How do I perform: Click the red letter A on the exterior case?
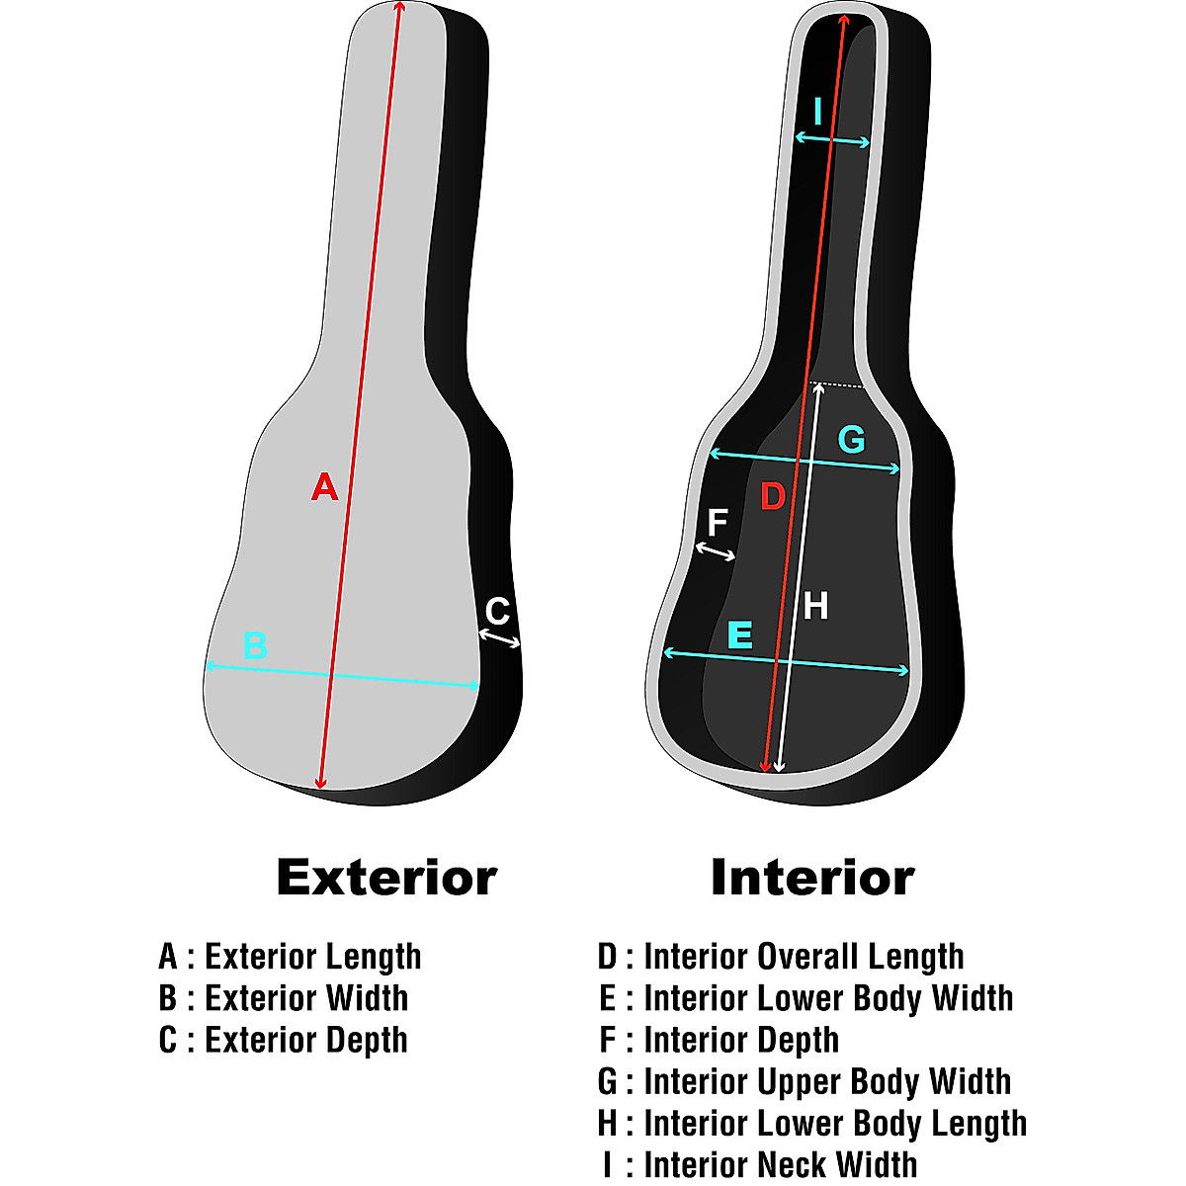pyautogui.click(x=324, y=486)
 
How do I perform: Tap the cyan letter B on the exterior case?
pyautogui.click(x=255, y=646)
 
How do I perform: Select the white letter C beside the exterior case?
pyautogui.click(x=497, y=612)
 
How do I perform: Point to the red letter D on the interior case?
pyautogui.click(x=772, y=496)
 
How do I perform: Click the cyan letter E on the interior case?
pyautogui.click(x=739, y=635)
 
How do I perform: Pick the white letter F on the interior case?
pyautogui.click(x=718, y=523)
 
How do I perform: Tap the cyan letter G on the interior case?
pyautogui.click(x=851, y=439)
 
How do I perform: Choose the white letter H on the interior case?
pyautogui.click(x=815, y=605)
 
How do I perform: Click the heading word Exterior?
pyautogui.click(x=386, y=877)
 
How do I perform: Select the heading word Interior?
pyautogui.click(x=812, y=877)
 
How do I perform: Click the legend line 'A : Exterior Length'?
pyautogui.click(x=290, y=957)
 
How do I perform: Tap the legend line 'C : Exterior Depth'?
pyautogui.click(x=283, y=1040)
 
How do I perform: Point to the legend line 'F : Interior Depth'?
pyautogui.click(x=719, y=1040)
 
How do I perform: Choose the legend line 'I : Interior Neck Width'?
pyautogui.click(x=760, y=1164)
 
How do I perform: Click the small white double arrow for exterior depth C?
pyautogui.click(x=500, y=639)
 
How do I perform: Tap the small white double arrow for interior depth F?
pyautogui.click(x=716, y=551)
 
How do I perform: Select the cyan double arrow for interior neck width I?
pyautogui.click(x=832, y=141)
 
